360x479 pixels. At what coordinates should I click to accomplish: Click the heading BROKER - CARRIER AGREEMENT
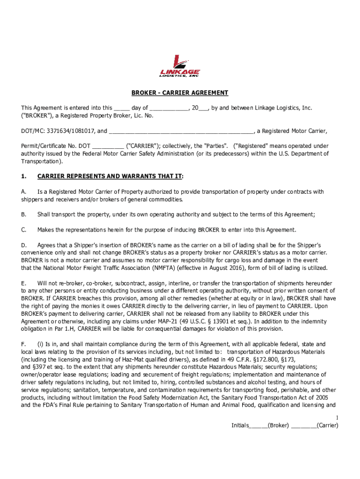tap(180, 93)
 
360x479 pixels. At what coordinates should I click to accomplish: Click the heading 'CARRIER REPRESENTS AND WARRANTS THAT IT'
tap(110, 177)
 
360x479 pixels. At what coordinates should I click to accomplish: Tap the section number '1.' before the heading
tap(24, 177)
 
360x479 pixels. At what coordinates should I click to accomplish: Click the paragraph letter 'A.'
tap(23, 192)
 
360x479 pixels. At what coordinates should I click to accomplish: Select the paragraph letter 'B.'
tap(23, 215)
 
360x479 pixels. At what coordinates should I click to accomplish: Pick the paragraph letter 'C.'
tap(23, 230)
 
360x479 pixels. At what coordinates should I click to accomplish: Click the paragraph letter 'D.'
tap(23, 245)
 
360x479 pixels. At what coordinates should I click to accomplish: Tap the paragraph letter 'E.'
tap(23, 283)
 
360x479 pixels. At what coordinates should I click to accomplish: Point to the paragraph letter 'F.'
tap(23, 344)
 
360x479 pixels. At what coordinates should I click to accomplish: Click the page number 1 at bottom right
tap(336, 417)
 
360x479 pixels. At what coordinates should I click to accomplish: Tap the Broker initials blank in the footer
tap(259, 426)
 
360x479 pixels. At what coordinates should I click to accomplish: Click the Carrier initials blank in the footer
tap(303, 426)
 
